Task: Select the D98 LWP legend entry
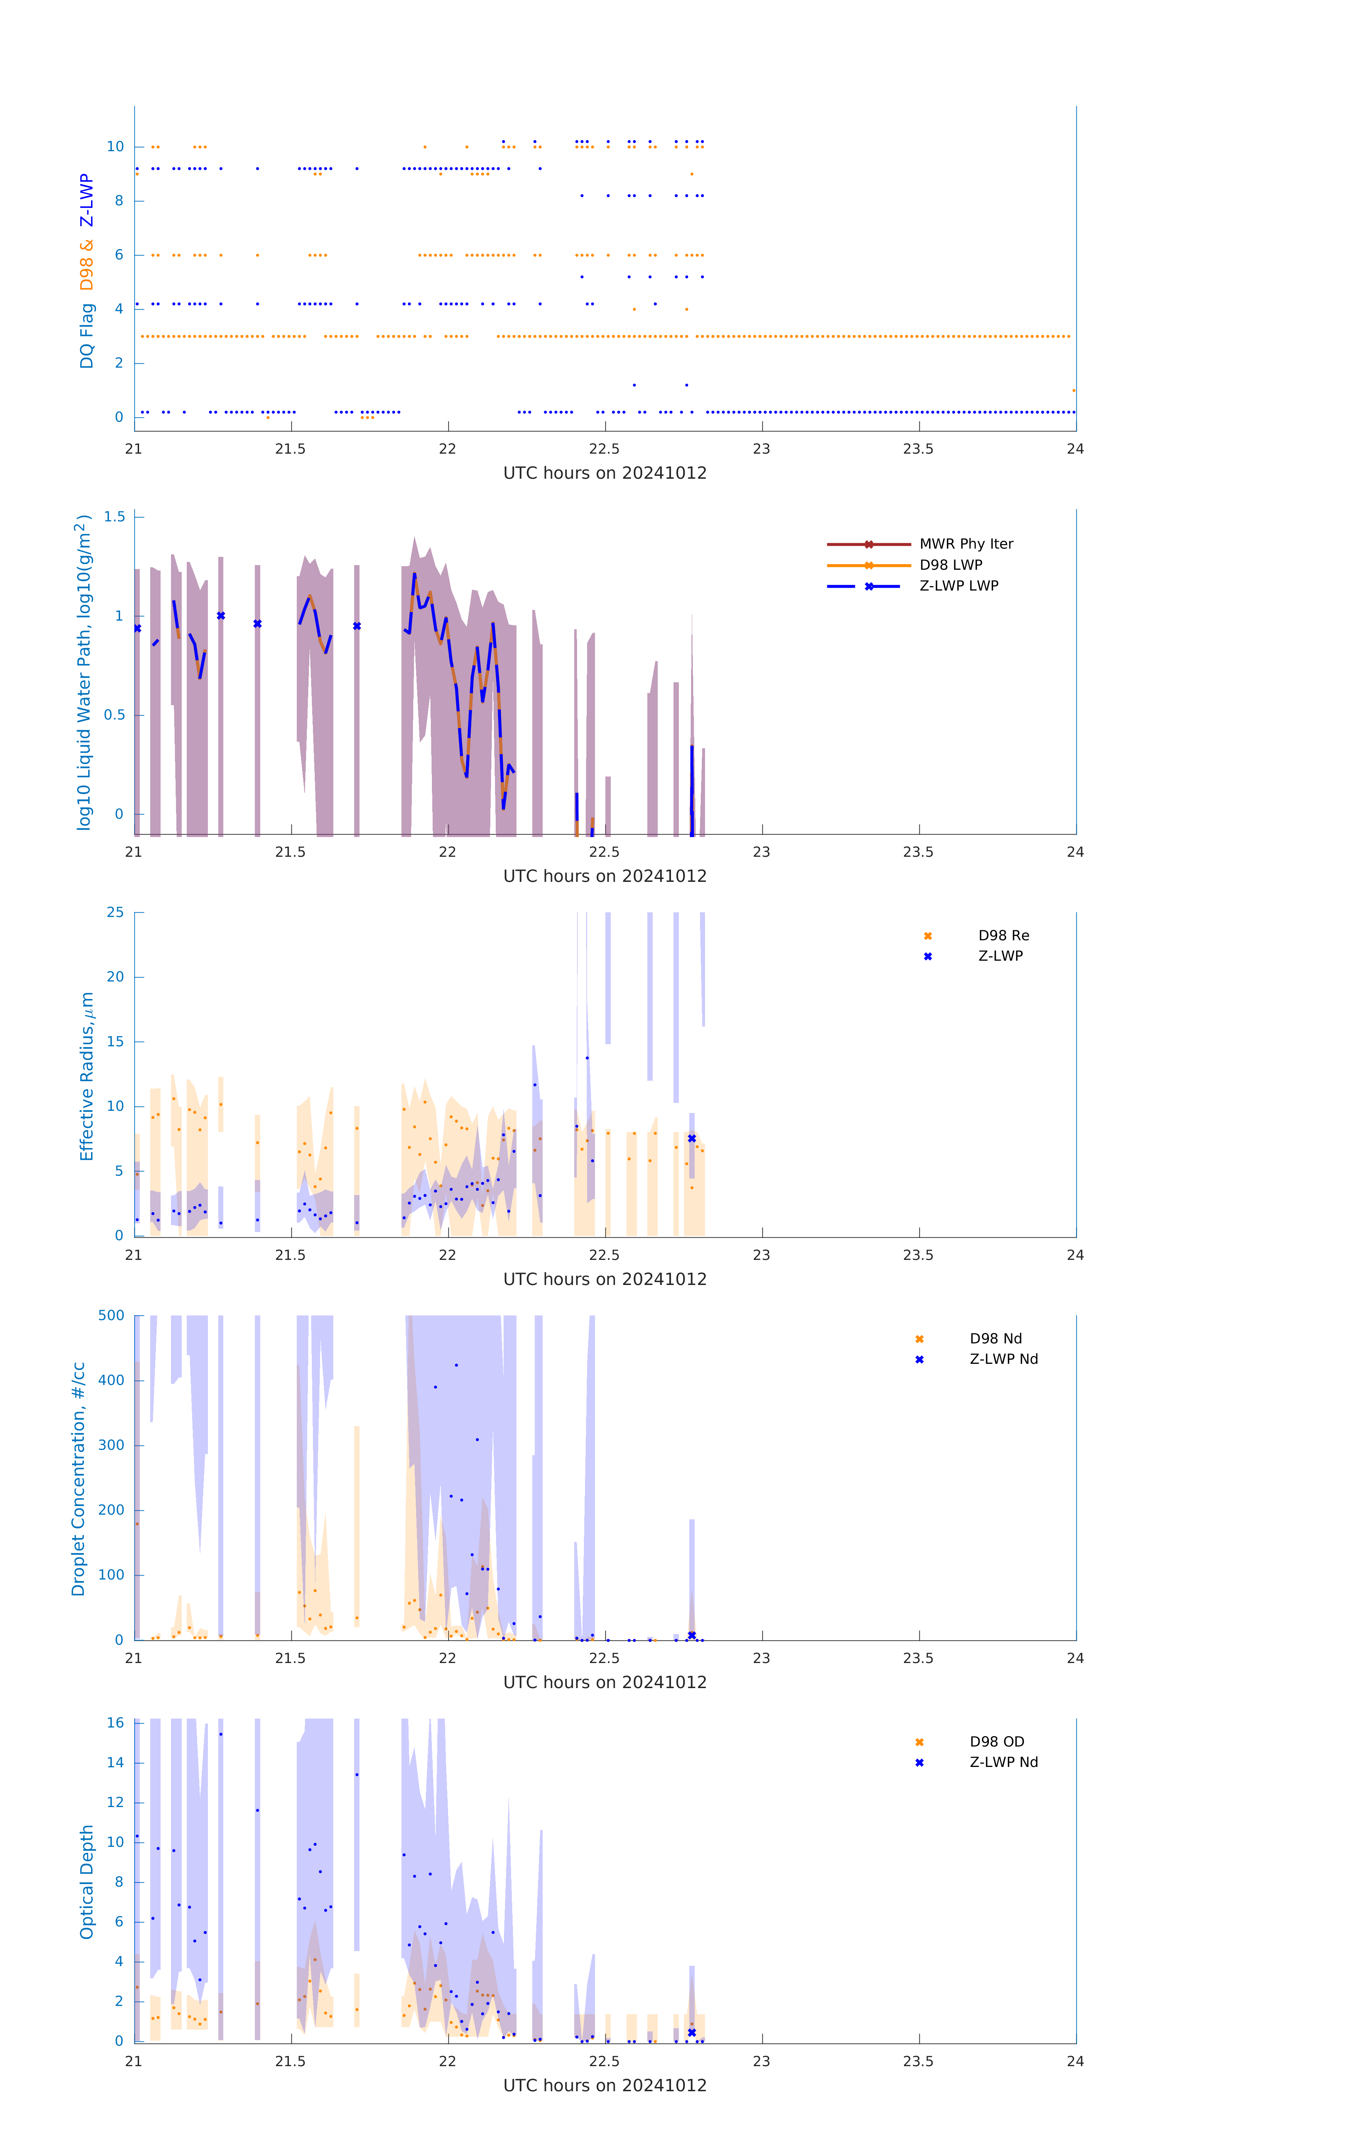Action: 950,565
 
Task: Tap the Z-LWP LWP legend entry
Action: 958,586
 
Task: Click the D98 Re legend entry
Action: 1003,936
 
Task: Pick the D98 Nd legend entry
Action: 995,1338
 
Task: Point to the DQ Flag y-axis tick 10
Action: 115,147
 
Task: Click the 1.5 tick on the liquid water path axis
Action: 114,517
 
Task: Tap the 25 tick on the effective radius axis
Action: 115,913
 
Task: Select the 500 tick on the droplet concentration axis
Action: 111,1315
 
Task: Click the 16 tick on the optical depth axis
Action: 115,1722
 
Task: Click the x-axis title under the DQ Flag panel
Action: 605,473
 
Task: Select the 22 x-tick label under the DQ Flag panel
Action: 447,449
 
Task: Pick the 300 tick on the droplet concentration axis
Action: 111,1445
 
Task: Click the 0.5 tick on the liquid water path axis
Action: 114,715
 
